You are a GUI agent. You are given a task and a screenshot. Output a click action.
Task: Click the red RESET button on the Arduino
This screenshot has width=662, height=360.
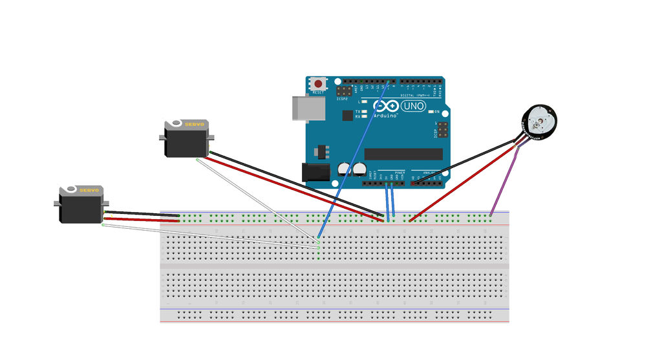pos(318,84)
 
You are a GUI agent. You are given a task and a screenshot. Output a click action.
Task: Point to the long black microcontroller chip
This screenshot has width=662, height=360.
pos(403,154)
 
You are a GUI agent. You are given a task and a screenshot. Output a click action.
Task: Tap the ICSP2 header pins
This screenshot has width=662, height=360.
pos(343,90)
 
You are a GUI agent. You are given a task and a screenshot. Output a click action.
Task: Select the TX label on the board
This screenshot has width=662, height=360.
pos(358,112)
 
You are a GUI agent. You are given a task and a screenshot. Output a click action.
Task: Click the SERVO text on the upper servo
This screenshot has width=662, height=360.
pos(195,124)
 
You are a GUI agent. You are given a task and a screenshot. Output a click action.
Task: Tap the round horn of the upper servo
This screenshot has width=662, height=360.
pos(175,123)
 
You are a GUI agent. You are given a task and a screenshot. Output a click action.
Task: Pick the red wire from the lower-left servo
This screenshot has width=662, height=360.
pos(142,220)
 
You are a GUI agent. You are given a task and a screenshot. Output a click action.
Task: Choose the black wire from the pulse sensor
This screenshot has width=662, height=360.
pos(465,162)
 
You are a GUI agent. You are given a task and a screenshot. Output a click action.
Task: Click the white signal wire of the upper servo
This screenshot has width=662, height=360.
pos(259,200)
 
